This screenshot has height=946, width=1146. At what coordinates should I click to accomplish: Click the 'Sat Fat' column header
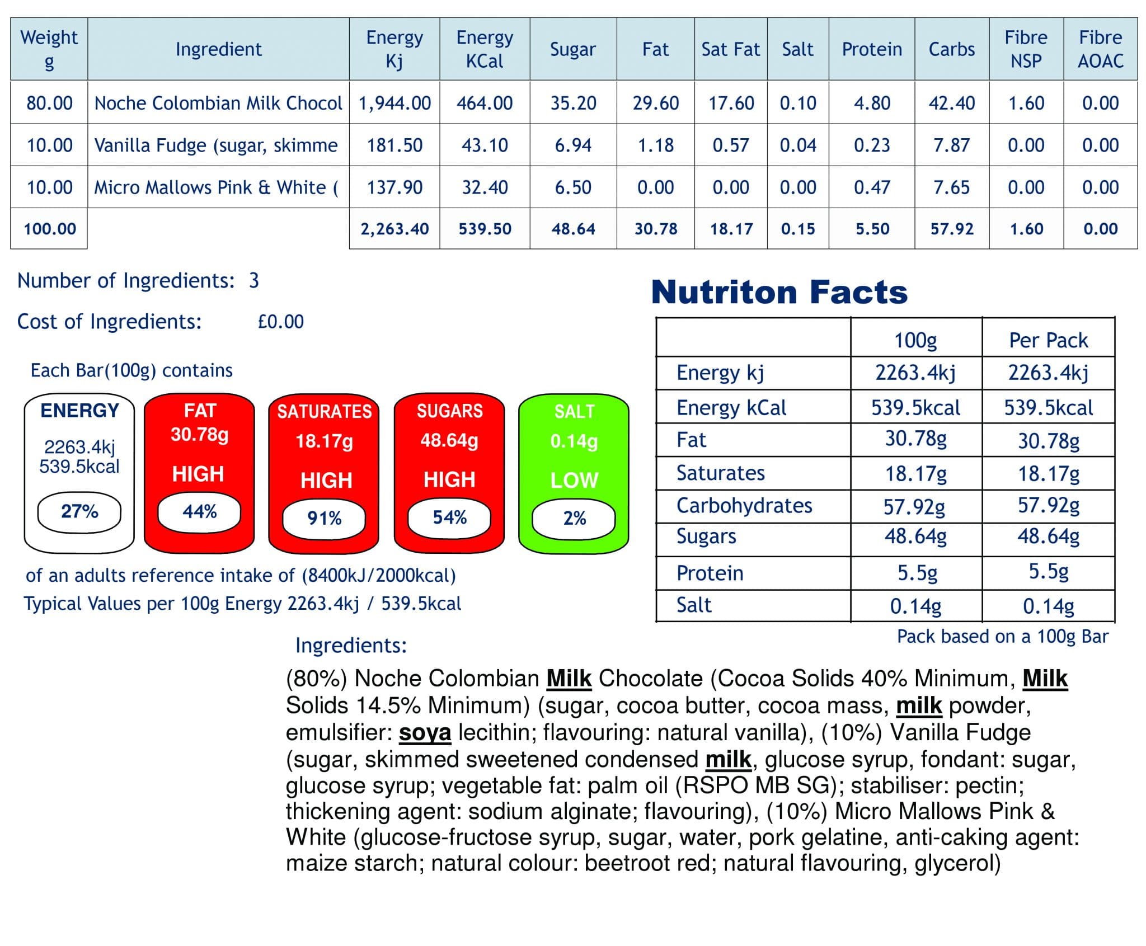tap(730, 49)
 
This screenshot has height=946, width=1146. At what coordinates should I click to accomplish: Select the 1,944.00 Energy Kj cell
tap(394, 103)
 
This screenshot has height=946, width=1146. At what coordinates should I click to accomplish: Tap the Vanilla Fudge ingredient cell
tap(217, 145)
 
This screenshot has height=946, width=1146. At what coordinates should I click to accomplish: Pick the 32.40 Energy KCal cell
tap(485, 187)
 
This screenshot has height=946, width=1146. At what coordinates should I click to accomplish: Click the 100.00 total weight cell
tap(49, 229)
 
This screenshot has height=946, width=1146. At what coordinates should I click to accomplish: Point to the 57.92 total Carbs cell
tap(951, 229)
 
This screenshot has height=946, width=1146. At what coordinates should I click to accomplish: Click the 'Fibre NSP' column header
tap(1026, 49)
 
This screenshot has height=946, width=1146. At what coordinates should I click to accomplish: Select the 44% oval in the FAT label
tap(199, 511)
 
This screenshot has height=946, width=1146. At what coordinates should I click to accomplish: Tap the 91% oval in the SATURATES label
tap(324, 518)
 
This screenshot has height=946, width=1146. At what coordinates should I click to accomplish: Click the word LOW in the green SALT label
tap(574, 480)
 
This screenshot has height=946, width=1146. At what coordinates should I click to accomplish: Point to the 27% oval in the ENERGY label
tap(79, 511)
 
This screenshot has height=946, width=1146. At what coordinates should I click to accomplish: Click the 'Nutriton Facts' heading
tap(779, 292)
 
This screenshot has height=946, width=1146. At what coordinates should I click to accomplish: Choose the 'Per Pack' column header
tap(1048, 340)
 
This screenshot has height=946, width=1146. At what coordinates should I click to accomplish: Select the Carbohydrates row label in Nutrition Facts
tap(744, 506)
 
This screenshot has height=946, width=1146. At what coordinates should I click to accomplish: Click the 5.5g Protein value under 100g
tap(917, 573)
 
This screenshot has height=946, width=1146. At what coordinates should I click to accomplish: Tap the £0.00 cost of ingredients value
tap(280, 322)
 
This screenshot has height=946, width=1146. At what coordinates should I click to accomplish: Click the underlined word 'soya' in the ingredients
tap(425, 732)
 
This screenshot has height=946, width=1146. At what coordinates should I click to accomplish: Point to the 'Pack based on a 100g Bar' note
tap(1002, 637)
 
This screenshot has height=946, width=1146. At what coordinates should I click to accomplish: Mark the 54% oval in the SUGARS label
tap(449, 517)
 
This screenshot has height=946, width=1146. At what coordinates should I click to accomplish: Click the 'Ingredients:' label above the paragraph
tap(351, 646)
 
